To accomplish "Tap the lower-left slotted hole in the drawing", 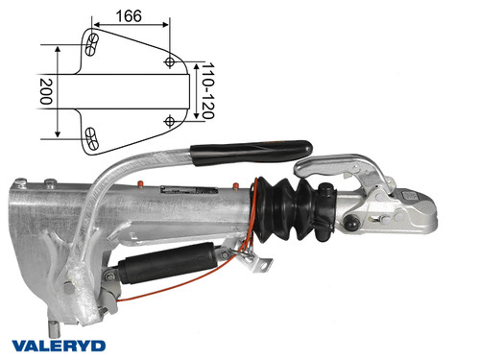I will (92, 136).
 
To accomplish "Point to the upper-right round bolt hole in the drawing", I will (171, 61).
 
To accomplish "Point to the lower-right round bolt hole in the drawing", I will (170, 121).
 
